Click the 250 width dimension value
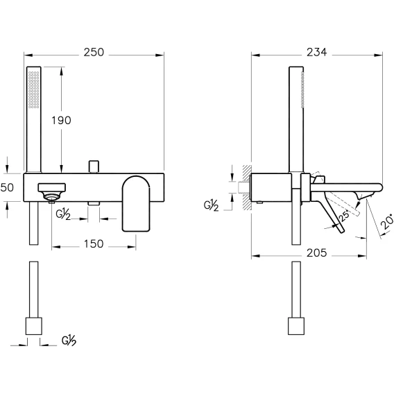(94, 52)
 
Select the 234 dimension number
(316, 52)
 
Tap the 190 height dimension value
(61, 121)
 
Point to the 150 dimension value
(94, 244)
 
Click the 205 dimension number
(316, 252)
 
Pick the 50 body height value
(7, 187)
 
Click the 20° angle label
(388, 221)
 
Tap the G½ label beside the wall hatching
(211, 205)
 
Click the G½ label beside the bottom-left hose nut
(69, 341)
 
